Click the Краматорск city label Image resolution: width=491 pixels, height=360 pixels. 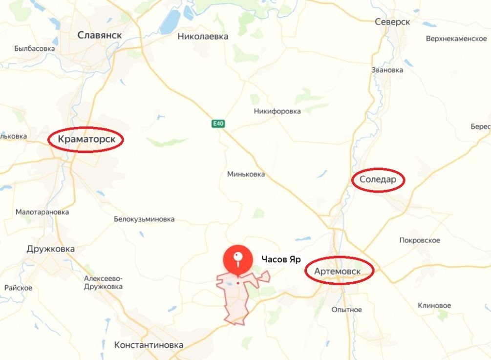click(x=86, y=139)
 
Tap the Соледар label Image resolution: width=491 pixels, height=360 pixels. click(x=378, y=180)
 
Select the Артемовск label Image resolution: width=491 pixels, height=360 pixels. click(x=340, y=271)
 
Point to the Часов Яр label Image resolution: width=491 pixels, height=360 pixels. click(x=280, y=260)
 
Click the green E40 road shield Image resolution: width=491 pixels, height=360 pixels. click(x=218, y=124)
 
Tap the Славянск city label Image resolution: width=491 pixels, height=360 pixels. click(x=100, y=35)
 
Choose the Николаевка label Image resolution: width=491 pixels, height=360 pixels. click(x=203, y=36)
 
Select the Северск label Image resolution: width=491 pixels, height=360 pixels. click(x=392, y=22)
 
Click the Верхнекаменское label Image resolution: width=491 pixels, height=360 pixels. click(x=456, y=39)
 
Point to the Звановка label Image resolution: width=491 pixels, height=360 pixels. click(x=387, y=70)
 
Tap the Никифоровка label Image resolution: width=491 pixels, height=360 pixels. click(x=277, y=111)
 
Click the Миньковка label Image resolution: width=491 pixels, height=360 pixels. click(x=246, y=174)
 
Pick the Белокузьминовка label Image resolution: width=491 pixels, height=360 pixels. click(x=144, y=219)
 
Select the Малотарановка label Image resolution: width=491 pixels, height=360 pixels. click(x=42, y=212)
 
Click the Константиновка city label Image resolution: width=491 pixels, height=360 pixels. click(x=149, y=345)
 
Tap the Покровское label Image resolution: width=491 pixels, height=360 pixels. click(x=420, y=240)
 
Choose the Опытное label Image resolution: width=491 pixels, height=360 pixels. click(x=347, y=310)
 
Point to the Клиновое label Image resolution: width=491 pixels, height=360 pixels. click(x=434, y=306)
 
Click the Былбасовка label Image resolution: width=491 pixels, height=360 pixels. click(x=35, y=49)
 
